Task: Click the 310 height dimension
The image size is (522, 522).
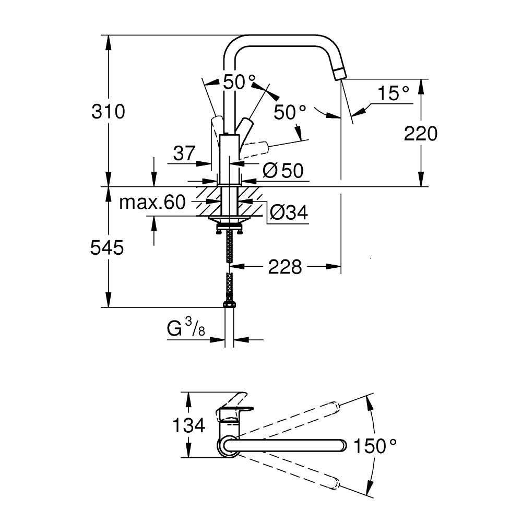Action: [x=109, y=111]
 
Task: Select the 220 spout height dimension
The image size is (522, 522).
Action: [x=421, y=134]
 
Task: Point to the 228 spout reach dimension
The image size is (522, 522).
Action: [x=285, y=267]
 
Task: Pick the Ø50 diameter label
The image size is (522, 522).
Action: [x=283, y=171]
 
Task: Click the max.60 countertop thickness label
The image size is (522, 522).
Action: [x=152, y=202]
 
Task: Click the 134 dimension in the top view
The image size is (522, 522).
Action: [x=188, y=425]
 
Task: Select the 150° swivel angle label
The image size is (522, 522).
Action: [x=375, y=446]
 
